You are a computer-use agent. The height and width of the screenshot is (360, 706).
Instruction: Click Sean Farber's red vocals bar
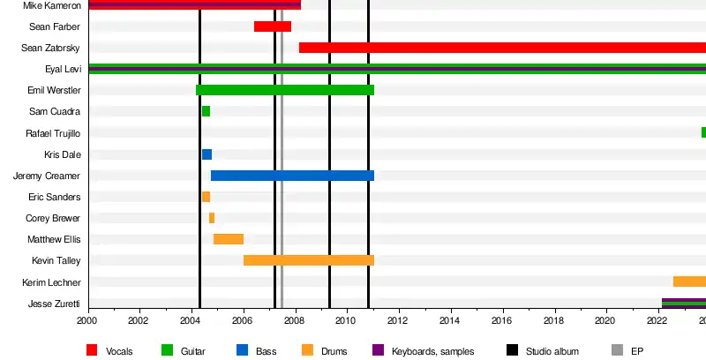(272, 26)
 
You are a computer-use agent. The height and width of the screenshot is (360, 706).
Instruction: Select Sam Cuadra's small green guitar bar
(206, 111)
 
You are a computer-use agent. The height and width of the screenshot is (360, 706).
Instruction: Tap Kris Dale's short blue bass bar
(207, 154)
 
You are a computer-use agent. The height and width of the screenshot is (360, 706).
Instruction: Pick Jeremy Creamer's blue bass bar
(291, 176)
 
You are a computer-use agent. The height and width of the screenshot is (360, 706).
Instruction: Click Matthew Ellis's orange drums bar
(228, 239)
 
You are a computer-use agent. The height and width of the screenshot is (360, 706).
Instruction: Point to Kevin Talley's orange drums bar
(308, 260)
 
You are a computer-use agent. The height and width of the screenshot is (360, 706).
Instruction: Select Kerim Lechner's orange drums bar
(689, 281)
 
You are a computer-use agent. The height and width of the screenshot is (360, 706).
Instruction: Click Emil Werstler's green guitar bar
(284, 90)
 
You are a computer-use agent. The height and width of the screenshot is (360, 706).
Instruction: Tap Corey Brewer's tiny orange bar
(212, 218)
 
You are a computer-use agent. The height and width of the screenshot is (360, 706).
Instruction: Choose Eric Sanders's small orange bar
(206, 197)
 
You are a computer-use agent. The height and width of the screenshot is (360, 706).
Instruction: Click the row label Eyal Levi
(63, 69)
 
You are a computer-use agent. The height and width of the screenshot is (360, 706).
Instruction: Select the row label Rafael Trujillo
(54, 133)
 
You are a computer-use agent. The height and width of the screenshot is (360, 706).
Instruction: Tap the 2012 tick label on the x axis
(400, 321)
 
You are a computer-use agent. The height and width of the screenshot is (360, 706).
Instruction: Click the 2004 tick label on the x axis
(191, 321)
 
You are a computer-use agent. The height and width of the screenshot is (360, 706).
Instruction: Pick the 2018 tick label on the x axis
(555, 321)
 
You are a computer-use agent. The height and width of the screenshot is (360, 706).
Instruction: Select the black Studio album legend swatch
(513, 351)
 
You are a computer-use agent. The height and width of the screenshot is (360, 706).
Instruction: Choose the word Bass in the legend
(266, 351)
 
